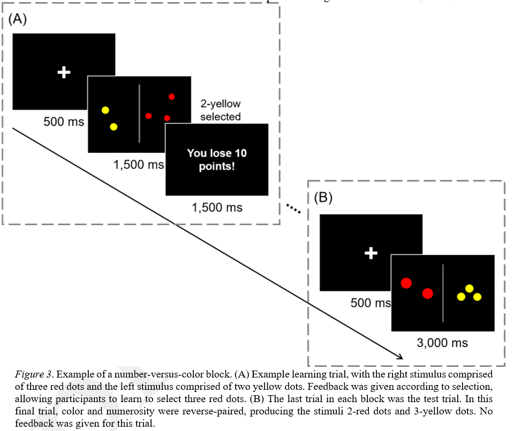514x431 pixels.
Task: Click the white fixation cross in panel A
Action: [x=64, y=72]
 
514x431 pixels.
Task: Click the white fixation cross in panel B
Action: [x=371, y=253]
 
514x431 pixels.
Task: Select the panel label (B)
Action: [x=323, y=197]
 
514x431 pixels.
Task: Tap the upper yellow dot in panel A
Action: [x=105, y=110]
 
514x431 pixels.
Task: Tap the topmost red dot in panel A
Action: [x=171, y=97]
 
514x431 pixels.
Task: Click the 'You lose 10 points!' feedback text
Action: [x=216, y=159]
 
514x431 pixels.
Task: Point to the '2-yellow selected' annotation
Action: [x=221, y=110]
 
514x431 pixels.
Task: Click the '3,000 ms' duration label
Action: [x=442, y=343]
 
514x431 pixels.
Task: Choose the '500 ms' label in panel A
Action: [x=64, y=122]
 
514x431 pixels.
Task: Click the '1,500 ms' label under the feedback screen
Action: [x=217, y=207]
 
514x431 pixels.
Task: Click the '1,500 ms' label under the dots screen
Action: [x=139, y=165]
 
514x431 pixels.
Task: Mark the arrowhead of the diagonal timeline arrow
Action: [x=399, y=356]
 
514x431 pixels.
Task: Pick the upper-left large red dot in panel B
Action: [x=406, y=283]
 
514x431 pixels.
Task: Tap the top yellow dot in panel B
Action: [x=470, y=289]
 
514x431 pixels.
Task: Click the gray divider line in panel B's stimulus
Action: [x=443, y=293]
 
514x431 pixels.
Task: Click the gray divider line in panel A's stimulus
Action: [x=139, y=113]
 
